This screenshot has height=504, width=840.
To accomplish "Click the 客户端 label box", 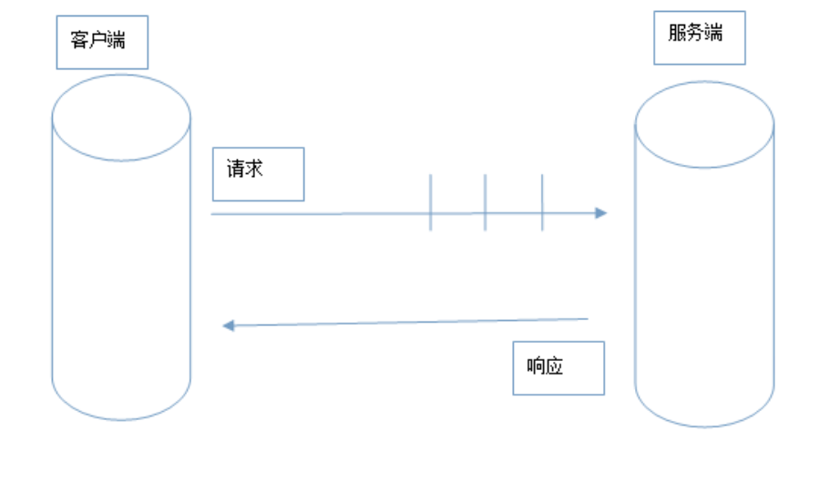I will point(102,42).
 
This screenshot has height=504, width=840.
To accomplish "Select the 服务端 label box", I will point(699,37).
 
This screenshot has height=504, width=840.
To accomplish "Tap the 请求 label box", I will point(258,174).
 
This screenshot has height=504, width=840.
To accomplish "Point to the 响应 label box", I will point(558,368).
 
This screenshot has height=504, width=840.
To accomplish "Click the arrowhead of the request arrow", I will point(601,213).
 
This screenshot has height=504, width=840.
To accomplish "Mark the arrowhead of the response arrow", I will point(229,325).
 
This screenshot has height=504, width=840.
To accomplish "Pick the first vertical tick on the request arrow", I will point(430,202).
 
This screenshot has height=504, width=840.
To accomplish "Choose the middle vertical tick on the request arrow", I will point(485,202).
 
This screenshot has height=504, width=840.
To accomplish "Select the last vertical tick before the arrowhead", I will point(542,202).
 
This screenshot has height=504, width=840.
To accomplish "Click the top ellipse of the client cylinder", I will point(121,118).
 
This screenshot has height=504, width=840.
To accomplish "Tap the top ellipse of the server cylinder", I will point(704,125).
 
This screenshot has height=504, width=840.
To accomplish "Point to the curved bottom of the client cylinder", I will point(121,415).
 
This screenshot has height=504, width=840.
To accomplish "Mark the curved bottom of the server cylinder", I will point(704,421).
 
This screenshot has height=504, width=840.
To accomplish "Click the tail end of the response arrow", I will point(588,319).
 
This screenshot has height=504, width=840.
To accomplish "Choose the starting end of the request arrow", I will point(212,214).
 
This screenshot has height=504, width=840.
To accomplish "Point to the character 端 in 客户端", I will point(116,40).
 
